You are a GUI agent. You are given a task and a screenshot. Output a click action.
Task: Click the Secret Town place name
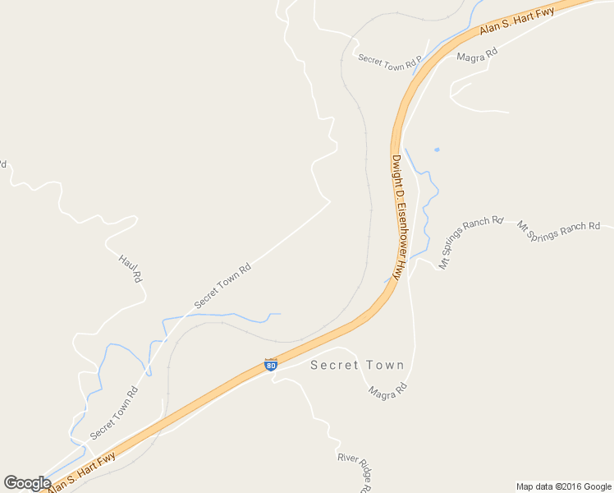(357, 366)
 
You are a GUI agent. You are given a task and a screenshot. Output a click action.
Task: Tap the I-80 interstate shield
(271, 364)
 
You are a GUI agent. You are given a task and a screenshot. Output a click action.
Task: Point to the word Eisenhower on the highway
(397, 214)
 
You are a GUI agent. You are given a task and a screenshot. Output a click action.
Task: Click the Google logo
(27, 483)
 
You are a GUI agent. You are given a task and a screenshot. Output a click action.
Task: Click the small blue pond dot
(437, 150)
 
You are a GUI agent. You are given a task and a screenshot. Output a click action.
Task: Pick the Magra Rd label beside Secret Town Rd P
(477, 55)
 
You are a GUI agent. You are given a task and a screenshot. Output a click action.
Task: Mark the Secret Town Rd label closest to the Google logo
(114, 412)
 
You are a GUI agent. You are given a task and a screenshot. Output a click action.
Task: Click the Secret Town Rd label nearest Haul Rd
(222, 286)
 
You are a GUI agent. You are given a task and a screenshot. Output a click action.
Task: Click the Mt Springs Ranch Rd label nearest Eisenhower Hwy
(470, 243)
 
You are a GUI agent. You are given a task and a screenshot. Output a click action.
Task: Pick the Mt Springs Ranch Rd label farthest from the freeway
(558, 230)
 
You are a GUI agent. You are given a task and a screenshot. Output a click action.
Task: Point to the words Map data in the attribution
(534, 486)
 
